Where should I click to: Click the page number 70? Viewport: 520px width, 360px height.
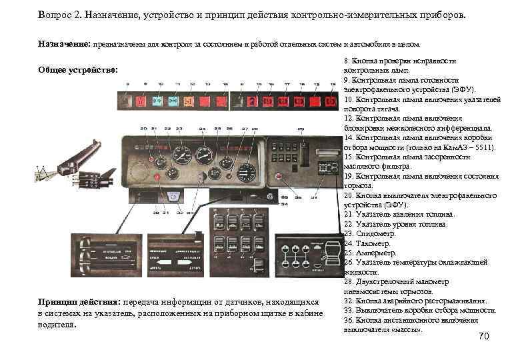pos(484,337)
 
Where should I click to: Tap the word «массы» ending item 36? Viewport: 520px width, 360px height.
pos(408,329)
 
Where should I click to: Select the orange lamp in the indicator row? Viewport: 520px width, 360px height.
pos(189,101)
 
